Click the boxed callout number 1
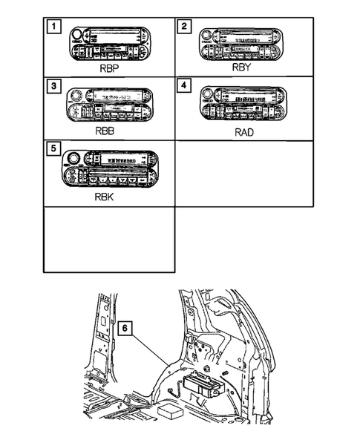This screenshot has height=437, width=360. (53, 29)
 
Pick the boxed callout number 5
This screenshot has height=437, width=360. (53, 148)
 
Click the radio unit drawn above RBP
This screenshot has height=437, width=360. (110, 43)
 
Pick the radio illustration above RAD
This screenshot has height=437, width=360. (243, 104)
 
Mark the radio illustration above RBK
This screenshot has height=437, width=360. (110, 168)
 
